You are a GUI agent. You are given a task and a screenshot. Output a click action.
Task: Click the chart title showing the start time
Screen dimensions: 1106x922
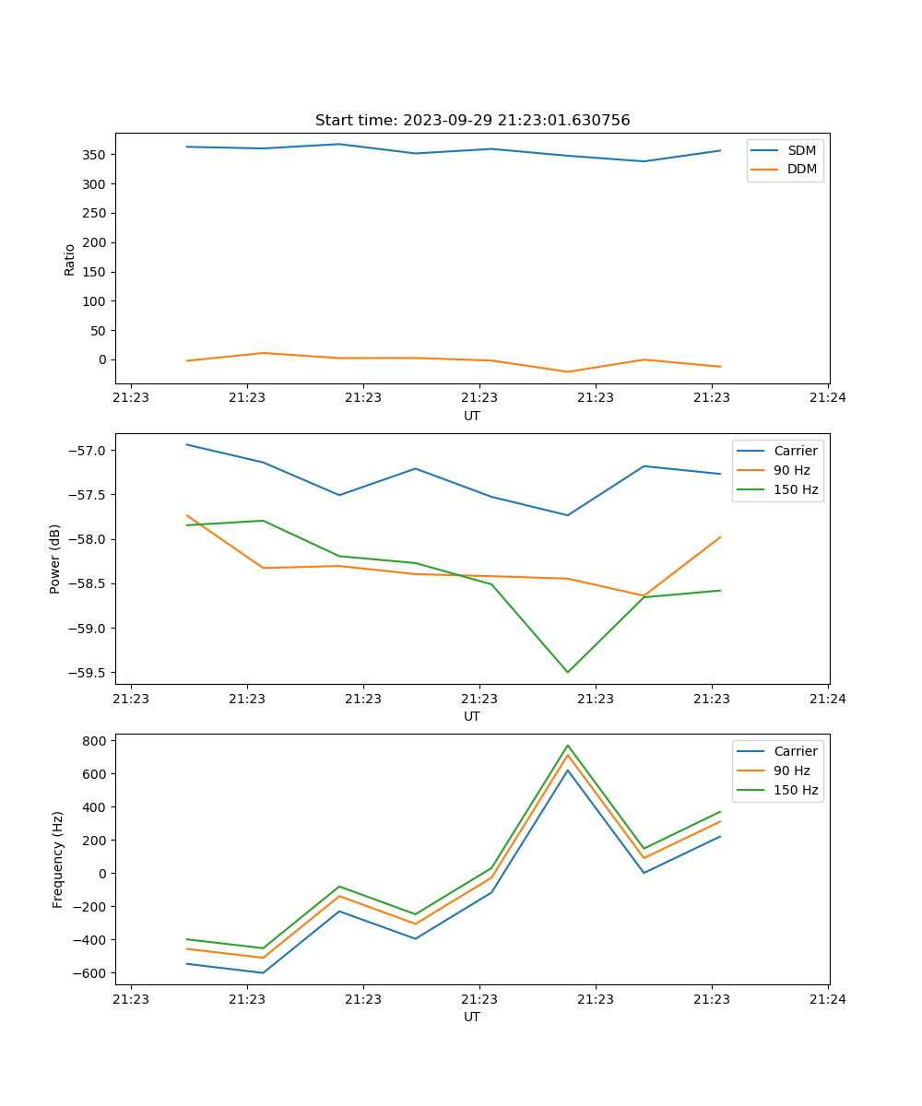[x=472, y=121]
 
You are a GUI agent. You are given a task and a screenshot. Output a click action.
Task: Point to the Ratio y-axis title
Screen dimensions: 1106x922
[x=70, y=259]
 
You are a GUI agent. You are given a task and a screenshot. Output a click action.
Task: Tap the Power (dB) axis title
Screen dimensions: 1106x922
[x=55, y=559]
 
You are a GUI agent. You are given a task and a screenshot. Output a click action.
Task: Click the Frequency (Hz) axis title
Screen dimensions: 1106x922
[x=58, y=859]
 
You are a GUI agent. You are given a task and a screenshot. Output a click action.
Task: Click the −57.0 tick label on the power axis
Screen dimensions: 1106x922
[x=87, y=451]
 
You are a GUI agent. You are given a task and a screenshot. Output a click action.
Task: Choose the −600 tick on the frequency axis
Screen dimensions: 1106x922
[x=92, y=973]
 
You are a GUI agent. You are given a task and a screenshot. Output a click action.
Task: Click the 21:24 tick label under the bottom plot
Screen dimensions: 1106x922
[x=828, y=999]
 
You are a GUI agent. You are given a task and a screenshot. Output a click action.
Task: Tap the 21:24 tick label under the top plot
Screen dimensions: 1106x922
[x=828, y=398]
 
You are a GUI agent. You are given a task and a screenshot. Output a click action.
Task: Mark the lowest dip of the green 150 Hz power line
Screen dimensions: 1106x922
[x=567, y=672]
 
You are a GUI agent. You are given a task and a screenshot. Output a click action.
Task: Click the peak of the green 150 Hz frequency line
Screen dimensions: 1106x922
[x=567, y=746]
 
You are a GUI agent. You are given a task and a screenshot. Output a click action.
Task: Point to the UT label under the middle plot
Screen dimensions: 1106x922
[x=472, y=716]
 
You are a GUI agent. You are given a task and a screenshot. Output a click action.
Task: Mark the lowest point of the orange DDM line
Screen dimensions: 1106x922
[x=567, y=371]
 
